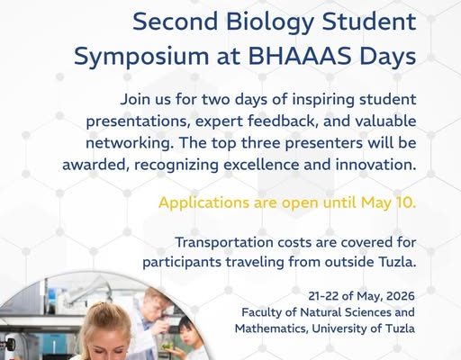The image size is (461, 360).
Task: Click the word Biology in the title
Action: (269, 23)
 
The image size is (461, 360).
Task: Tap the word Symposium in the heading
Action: (141, 58)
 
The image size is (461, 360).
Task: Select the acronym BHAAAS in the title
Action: (300, 56)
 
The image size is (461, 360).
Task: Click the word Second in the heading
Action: (175, 22)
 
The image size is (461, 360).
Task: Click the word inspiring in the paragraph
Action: (323, 100)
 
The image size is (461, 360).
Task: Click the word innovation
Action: (375, 165)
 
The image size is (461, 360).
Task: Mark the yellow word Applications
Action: (203, 203)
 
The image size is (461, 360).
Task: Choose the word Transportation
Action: (224, 242)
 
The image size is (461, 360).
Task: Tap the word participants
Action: (182, 263)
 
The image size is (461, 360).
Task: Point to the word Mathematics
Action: (271, 328)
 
